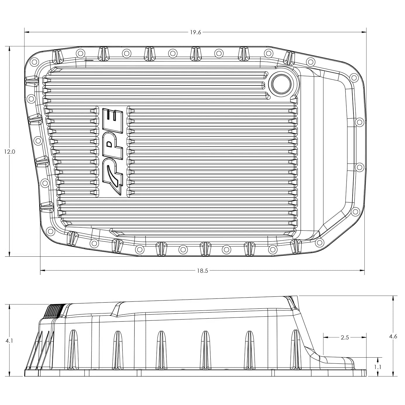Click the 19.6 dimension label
[195, 32]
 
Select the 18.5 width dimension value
[202, 271]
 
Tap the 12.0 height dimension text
[9, 152]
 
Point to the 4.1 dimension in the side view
[9, 341]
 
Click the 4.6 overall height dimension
[393, 337]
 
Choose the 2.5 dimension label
[345, 337]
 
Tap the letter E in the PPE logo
[112, 117]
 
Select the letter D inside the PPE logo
[110, 144]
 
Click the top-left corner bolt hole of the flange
[35, 61]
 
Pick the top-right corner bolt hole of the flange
[354, 78]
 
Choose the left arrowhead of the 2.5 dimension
[325, 337]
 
